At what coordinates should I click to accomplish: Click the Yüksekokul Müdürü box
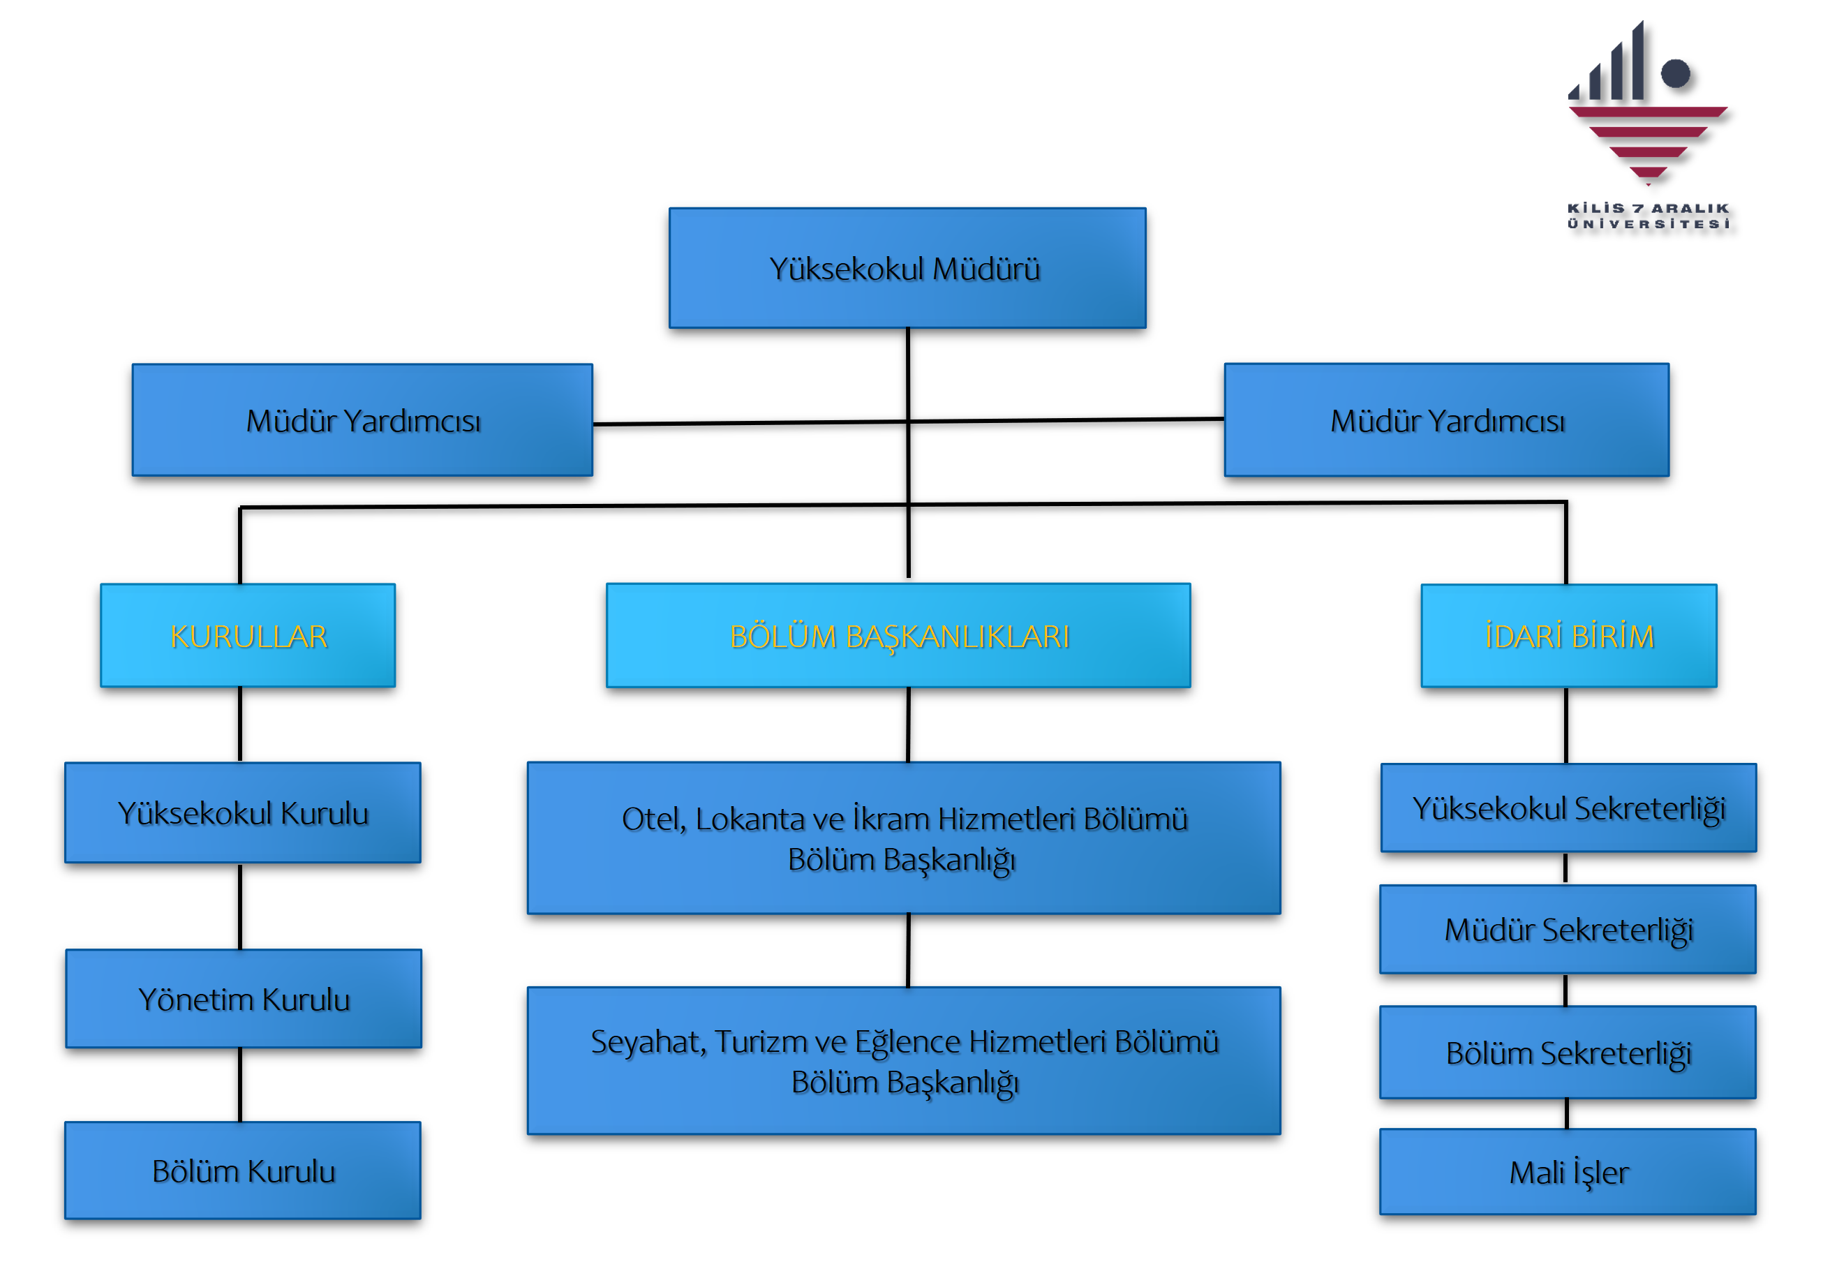[907, 269]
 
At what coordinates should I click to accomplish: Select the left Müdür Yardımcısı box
[363, 421]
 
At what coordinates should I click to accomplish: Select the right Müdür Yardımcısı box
[1446, 421]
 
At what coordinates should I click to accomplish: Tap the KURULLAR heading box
[248, 636]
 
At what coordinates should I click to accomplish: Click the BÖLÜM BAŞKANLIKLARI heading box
[898, 636]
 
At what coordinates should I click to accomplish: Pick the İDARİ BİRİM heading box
[1568, 636]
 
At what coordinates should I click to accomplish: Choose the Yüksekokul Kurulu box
[243, 813]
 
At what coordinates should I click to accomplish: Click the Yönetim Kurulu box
[244, 999]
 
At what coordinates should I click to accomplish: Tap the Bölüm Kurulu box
[243, 1171]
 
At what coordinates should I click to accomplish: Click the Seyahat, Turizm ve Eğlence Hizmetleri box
[904, 1061]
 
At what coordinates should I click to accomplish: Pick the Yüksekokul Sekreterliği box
[1568, 808]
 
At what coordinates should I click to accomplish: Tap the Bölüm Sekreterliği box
[1568, 1053]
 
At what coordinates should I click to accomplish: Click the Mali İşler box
[1568, 1172]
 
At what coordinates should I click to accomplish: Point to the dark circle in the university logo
[1675, 73]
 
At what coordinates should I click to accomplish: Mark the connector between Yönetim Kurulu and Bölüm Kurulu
[240, 1085]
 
